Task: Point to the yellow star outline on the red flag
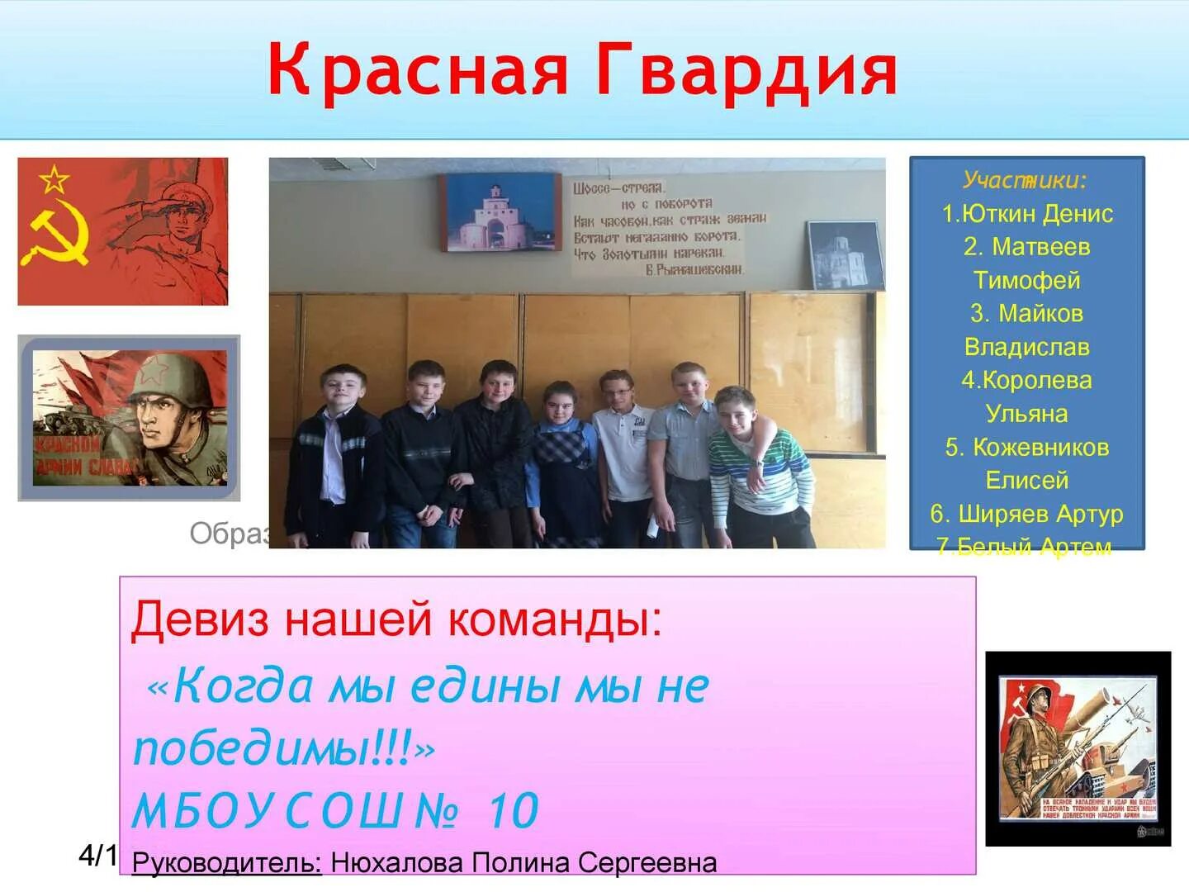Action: tap(54, 178)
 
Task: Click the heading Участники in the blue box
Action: tap(1025, 180)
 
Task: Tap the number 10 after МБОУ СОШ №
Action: tap(514, 810)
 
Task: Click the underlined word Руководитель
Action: tap(226, 863)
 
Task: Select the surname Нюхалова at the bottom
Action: tap(397, 863)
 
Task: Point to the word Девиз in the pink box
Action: tap(199, 619)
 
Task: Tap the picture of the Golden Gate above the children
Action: tap(501, 212)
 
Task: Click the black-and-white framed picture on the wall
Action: tap(843, 255)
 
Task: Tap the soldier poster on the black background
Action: tap(1078, 748)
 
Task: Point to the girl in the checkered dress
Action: tap(566, 463)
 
